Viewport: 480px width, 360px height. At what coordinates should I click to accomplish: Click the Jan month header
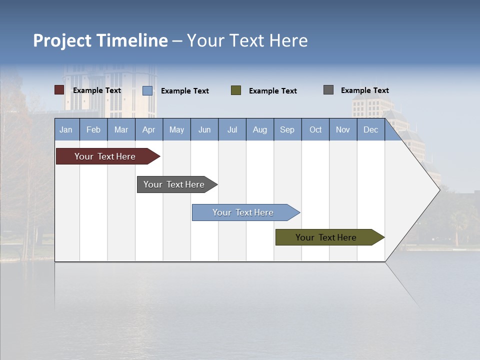point(66,129)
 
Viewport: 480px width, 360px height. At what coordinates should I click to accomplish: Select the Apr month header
point(149,129)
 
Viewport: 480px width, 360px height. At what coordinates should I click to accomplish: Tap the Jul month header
point(232,129)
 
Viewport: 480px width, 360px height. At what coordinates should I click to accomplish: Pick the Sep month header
point(287,129)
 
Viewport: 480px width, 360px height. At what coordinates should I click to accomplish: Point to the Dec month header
point(370,129)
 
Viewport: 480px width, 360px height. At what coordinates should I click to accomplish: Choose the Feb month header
point(93,129)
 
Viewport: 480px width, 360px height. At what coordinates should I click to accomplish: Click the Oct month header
point(315,129)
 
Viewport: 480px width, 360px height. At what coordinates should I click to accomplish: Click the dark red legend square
point(59,90)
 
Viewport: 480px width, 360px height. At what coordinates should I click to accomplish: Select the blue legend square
point(147,90)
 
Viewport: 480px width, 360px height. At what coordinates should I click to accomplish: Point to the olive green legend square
point(236,90)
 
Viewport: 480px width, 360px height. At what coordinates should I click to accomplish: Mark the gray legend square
point(328,90)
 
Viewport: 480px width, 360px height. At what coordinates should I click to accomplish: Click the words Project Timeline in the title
point(100,40)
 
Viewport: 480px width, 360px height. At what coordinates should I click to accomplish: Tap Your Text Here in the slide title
point(247,40)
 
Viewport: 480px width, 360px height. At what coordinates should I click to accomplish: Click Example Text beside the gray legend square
point(364,90)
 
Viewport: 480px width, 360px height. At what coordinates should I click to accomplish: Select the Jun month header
point(204,129)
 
